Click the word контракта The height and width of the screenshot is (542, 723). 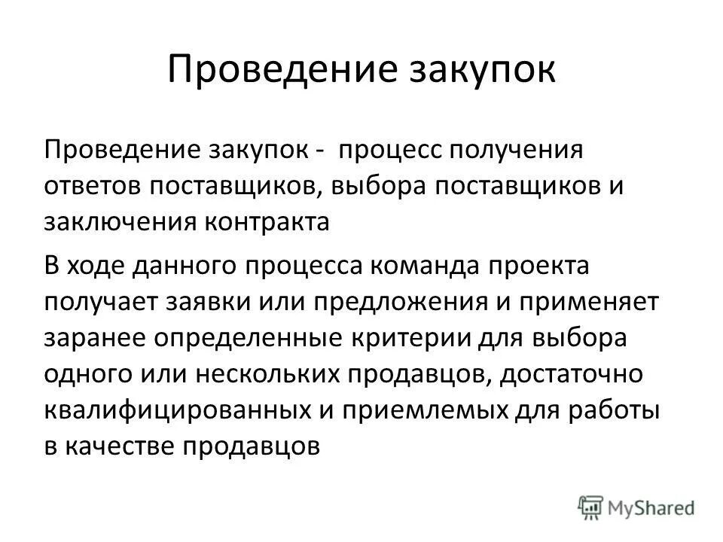click(269, 222)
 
